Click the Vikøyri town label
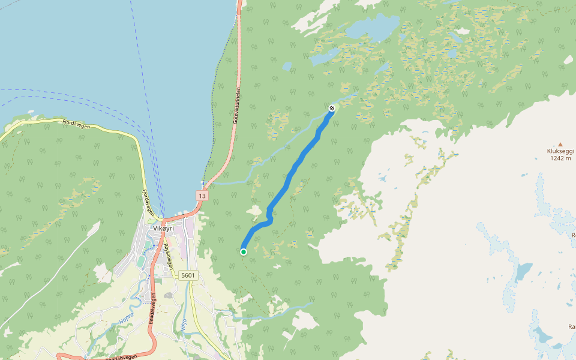point(163,229)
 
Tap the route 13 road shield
point(201,196)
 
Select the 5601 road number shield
point(188,275)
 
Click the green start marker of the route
point(244,252)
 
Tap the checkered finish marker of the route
point(332,108)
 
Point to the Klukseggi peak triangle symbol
point(560,144)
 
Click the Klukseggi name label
point(560,151)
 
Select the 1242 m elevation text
point(560,159)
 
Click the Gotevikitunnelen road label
point(237,105)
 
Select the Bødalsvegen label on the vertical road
point(153,309)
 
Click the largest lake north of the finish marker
point(372,27)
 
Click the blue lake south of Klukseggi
point(523,271)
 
